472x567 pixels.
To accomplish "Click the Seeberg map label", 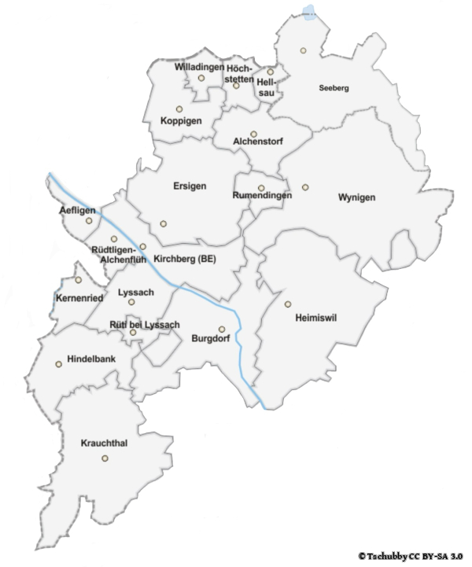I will (334, 88).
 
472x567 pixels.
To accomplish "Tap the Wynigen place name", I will (357, 197).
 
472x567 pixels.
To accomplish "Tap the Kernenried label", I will (77, 298).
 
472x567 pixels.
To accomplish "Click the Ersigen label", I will (190, 186).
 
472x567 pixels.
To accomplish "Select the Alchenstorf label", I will (257, 142).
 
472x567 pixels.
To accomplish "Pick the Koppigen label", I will (181, 121).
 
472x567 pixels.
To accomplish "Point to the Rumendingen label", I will (263, 196).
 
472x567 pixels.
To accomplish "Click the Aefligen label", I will (76, 211).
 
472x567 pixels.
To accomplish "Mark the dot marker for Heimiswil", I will (288, 304).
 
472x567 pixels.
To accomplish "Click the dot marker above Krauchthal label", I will (105, 458).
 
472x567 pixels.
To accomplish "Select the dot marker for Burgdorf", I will (222, 330).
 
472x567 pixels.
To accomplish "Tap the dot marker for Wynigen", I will (305, 187).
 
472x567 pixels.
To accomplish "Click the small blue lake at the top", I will (310, 12).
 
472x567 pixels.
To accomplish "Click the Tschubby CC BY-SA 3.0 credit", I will (409, 556).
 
